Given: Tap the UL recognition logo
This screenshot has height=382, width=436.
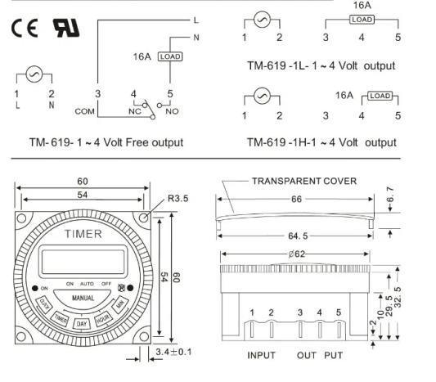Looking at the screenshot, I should pyautogui.click(x=67, y=27).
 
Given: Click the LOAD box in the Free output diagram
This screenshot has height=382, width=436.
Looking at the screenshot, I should pyautogui.click(x=169, y=56).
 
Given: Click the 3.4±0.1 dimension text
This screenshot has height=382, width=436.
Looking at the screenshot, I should pyautogui.click(x=173, y=353).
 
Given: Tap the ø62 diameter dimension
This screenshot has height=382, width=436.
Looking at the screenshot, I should pyautogui.click(x=298, y=254).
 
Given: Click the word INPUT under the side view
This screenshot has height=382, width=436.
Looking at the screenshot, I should pyautogui.click(x=261, y=356).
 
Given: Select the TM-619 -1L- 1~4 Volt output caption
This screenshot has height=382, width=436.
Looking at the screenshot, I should pyautogui.click(x=321, y=65).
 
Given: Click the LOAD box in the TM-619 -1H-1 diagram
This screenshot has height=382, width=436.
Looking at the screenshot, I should pyautogui.click(x=380, y=96).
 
